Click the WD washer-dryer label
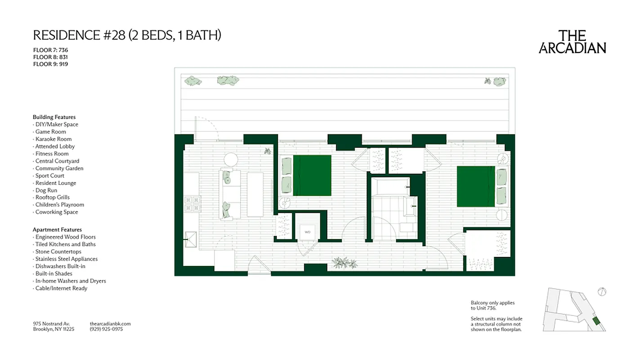pyautogui.click(x=307, y=232)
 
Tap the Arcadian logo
pyautogui.click(x=572, y=42)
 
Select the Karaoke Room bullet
pyautogui.click(x=53, y=139)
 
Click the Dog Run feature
pyautogui.click(x=46, y=190)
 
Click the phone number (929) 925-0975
pyautogui.click(x=106, y=329)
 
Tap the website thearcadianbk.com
pyautogui.click(x=110, y=324)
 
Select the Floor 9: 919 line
pyautogui.click(x=50, y=64)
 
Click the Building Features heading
pyautogui.click(x=54, y=117)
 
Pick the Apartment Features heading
pyautogui.click(x=57, y=229)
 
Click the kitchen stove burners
pyautogui.click(x=192, y=204)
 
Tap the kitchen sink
pyautogui.click(x=192, y=239)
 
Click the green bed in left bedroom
pyautogui.click(x=312, y=175)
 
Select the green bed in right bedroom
pyautogui.click(x=476, y=186)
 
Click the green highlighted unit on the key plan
pyautogui.click(x=596, y=320)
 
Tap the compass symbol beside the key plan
pyautogui.click(x=602, y=292)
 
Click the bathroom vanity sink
pyautogui.click(x=411, y=207)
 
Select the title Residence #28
pyautogui.click(x=127, y=35)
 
